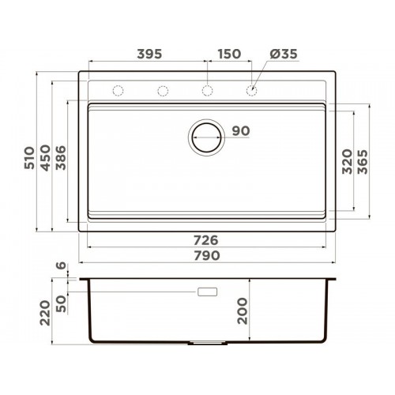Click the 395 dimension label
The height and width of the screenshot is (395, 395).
149,54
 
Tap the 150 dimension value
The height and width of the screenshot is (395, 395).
229,54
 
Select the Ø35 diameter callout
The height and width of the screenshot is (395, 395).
284,54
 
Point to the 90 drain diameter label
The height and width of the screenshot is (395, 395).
241,131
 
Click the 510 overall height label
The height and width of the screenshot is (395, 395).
29,158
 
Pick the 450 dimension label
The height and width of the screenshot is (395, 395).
45,158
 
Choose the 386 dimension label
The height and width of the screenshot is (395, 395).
61,158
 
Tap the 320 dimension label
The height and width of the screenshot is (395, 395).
347,161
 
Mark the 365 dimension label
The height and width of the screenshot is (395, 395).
363,161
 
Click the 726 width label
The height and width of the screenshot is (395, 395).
206,240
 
